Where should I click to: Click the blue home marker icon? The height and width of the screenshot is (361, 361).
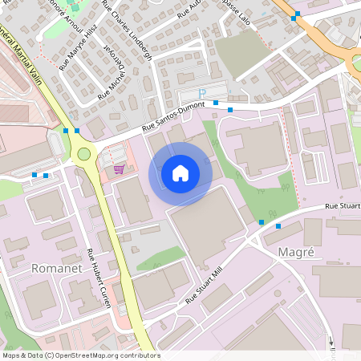(x=180, y=172)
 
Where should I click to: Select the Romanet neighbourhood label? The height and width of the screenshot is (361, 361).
(x=56, y=267)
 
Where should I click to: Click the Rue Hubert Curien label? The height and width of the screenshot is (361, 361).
(x=103, y=278)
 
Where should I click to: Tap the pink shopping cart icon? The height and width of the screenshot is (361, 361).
(x=120, y=168)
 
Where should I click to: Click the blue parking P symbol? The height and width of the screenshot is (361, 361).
(x=203, y=94)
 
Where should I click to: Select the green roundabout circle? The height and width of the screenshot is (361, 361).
(x=83, y=153)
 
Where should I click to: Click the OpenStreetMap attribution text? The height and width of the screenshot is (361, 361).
(x=80, y=355)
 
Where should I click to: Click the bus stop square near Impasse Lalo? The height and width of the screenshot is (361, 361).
(x=297, y=14)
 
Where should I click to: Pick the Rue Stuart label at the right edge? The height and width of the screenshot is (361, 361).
(x=343, y=207)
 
